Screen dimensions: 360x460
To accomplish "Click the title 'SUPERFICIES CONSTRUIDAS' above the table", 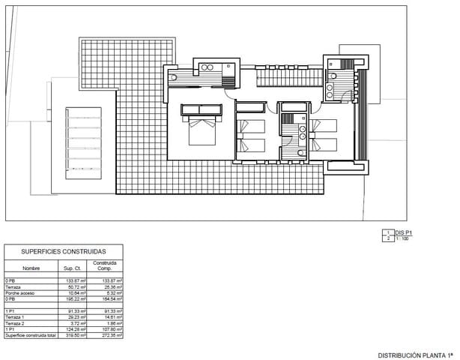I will click(x=63, y=252).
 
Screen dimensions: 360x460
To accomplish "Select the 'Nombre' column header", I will click(x=31, y=267).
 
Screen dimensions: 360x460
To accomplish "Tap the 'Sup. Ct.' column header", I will click(x=72, y=267).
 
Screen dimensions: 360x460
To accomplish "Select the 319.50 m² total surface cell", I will click(x=77, y=335).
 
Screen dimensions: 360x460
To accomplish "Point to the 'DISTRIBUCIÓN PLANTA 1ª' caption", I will click(x=415, y=355).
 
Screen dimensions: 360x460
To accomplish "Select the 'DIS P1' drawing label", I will click(x=403, y=232).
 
